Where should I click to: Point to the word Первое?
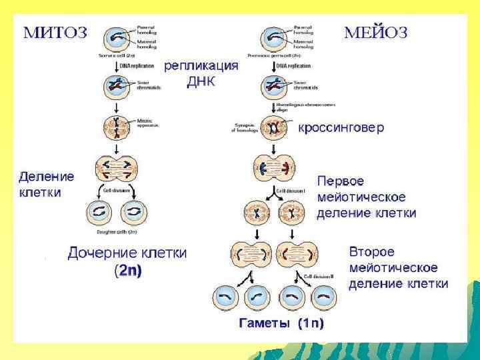tap(341, 181)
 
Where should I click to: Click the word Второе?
tap(372, 253)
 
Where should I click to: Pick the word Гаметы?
tap(265, 324)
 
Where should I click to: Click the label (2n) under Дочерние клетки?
tap(128, 271)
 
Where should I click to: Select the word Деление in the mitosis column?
tap(46, 177)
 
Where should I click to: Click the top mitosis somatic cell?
tap(117, 37)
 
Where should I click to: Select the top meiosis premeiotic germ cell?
tap(273, 37)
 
